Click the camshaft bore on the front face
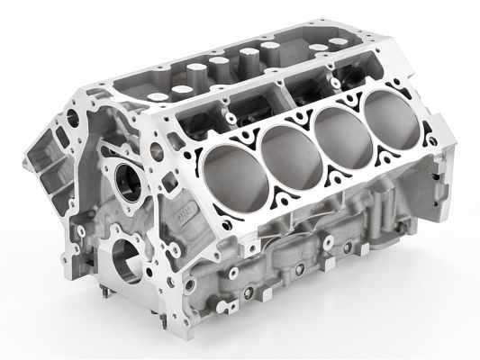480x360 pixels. [123, 173]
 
